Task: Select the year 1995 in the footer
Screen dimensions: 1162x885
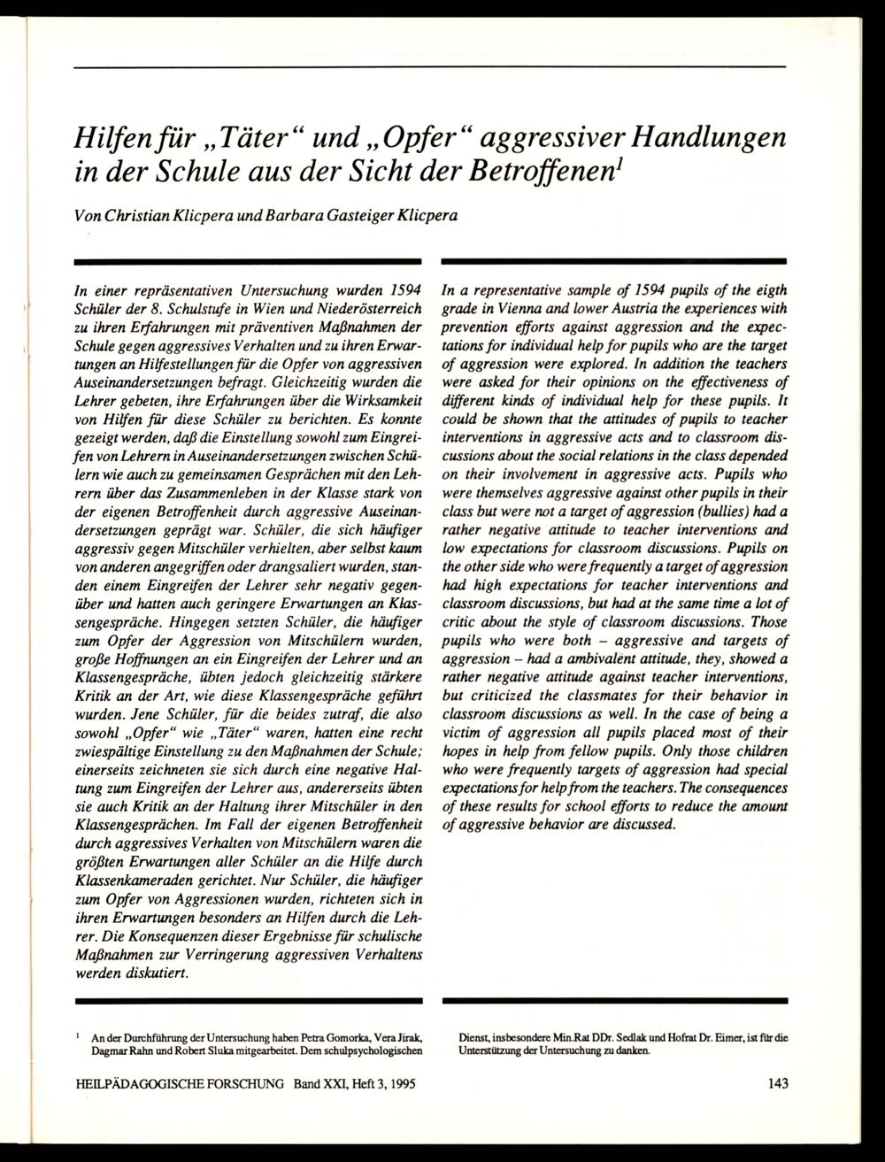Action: pos(399,1082)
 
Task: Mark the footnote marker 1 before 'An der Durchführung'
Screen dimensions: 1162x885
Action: pos(79,1035)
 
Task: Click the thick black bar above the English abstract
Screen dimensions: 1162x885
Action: pos(613,262)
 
